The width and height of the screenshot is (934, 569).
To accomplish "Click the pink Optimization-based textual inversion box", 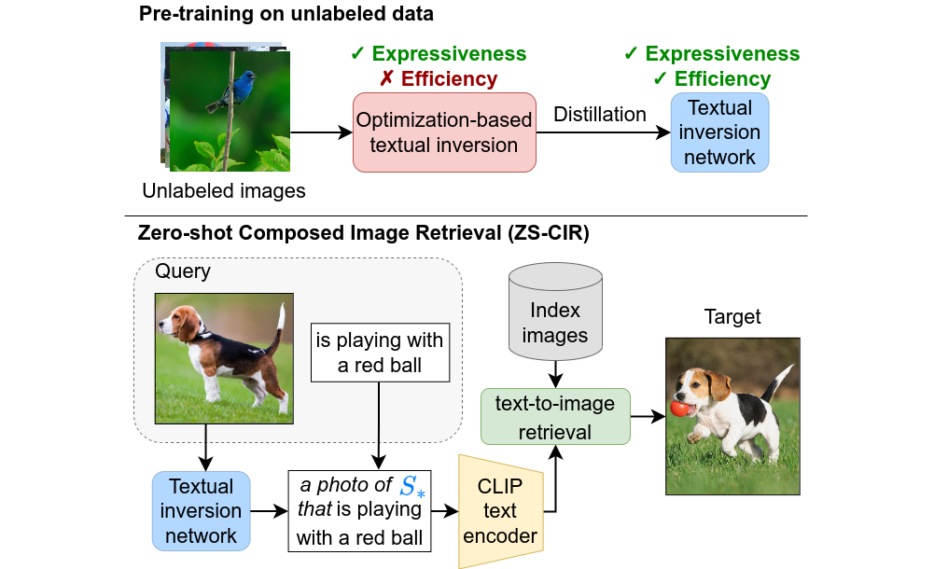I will pos(444,132).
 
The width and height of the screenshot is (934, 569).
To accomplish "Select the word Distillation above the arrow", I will pos(600,115).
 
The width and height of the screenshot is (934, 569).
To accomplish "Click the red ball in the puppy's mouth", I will pos(681,409).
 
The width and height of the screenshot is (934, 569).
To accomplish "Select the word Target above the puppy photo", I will pos(732,317).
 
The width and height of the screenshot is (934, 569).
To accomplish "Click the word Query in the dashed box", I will pos(184,272).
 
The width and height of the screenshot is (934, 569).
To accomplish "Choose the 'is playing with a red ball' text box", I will pos(380,353).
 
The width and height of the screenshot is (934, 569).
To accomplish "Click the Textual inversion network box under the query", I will pos(201,510).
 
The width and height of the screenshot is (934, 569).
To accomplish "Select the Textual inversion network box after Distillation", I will pos(719,132).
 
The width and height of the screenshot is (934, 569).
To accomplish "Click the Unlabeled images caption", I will pos(224,192).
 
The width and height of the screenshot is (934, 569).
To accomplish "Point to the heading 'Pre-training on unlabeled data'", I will pos(286,15).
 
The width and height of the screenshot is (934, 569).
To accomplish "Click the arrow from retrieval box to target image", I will pos(648,417).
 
